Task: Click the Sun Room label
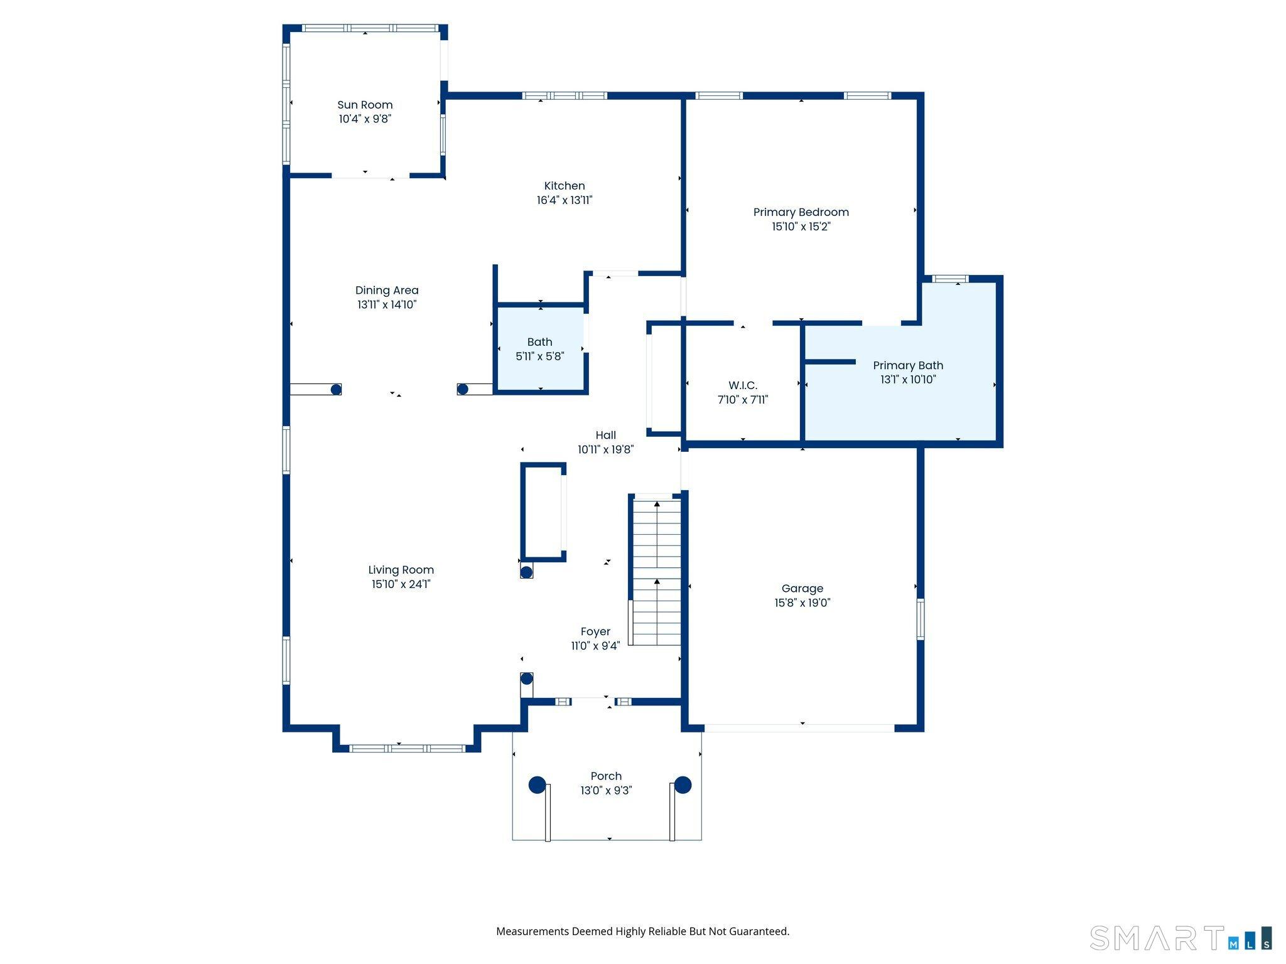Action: tap(365, 105)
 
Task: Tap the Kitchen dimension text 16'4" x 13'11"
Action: tap(565, 200)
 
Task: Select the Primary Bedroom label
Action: tap(801, 212)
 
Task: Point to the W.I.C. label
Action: tap(743, 385)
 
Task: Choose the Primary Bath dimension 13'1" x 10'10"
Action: tap(908, 380)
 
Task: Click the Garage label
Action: tap(802, 588)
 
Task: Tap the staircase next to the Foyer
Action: tap(656, 571)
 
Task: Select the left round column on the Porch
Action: tap(537, 785)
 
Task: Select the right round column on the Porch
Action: tap(683, 785)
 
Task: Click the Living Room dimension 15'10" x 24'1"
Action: tap(401, 584)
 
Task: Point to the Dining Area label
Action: tap(387, 290)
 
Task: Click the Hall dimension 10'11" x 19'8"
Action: tap(605, 449)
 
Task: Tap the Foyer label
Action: tap(595, 631)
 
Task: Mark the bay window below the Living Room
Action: tap(407, 748)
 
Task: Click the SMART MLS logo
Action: tap(1181, 938)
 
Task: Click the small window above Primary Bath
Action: tap(950, 279)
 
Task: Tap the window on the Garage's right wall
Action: tap(921, 619)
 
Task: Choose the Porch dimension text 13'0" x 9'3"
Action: tap(606, 791)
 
